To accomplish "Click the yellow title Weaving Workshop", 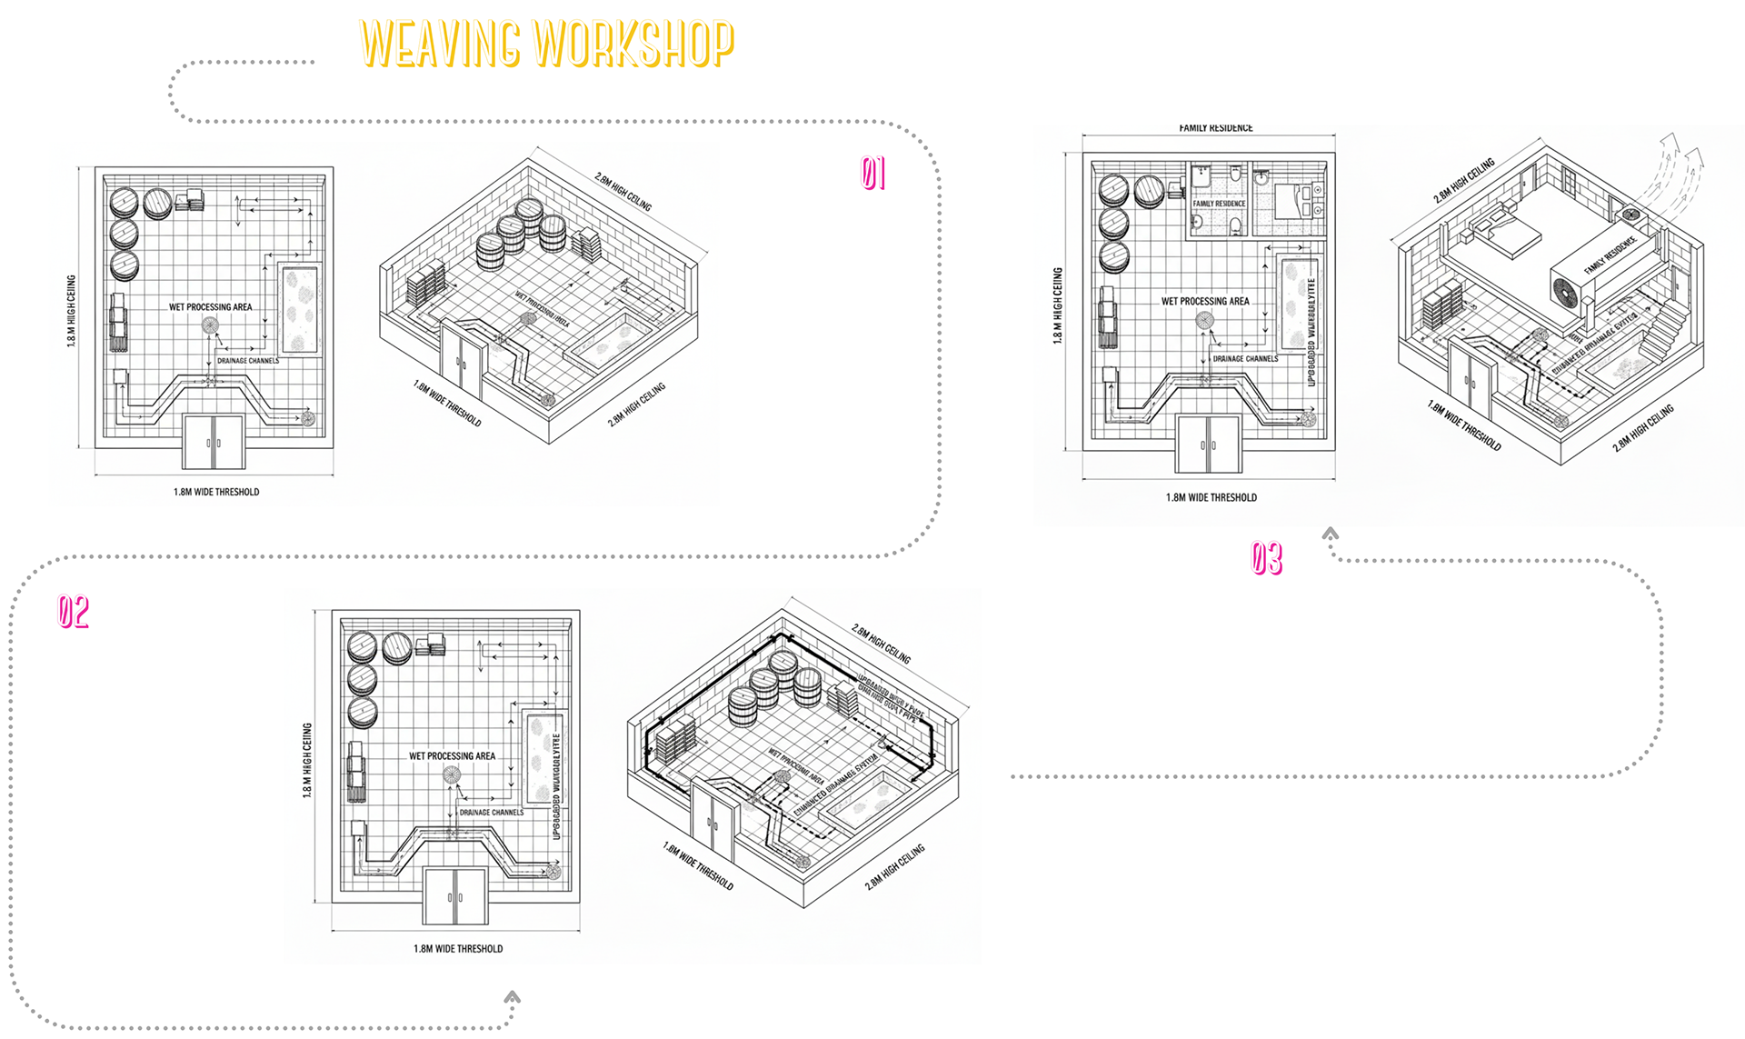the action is click(x=546, y=44).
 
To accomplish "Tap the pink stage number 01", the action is click(x=873, y=173).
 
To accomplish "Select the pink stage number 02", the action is click(x=74, y=612).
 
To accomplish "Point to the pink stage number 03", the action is click(x=1266, y=558).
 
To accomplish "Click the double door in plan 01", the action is click(x=214, y=442).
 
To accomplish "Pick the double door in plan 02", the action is click(x=455, y=896).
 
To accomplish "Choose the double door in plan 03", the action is click(x=1208, y=444).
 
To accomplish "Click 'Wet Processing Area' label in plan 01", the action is click(x=210, y=307).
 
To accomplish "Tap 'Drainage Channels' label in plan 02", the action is click(x=491, y=813).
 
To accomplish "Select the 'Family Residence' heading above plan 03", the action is click(x=1215, y=128).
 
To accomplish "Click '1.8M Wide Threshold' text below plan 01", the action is click(x=216, y=492).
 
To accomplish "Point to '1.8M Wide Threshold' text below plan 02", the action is click(x=458, y=948).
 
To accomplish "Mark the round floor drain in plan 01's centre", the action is click(x=210, y=325).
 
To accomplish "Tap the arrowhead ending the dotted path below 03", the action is click(x=1331, y=534).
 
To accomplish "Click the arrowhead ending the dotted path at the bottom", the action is click(x=513, y=997).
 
